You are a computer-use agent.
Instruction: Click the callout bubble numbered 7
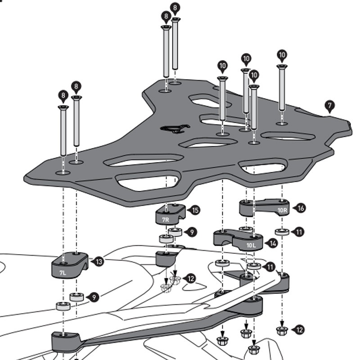[330, 106]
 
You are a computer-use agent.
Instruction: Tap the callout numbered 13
[99, 261]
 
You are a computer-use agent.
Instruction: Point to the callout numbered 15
[195, 210]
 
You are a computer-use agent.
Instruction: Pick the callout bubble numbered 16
[301, 207]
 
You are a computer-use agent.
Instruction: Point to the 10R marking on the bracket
[282, 210]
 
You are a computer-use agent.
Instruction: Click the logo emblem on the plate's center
[173, 129]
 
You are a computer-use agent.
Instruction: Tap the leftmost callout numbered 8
[63, 95]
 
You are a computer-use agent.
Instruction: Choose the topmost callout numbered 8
[175, 7]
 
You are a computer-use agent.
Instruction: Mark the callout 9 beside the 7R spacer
[192, 232]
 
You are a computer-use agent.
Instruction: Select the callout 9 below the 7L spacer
[94, 297]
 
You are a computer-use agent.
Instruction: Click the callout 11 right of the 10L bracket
[270, 267]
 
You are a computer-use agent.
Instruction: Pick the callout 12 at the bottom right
[299, 330]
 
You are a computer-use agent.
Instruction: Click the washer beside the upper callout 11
[282, 232]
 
